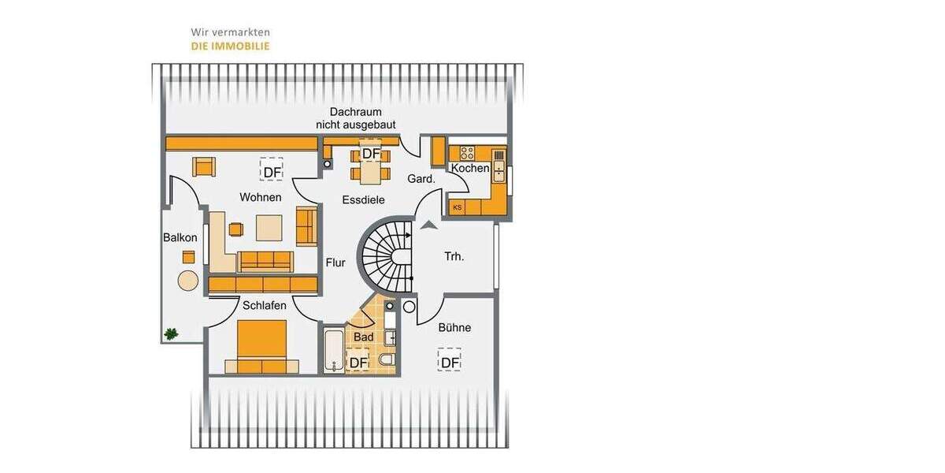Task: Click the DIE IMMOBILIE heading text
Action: (230, 47)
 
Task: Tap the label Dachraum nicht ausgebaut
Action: (355, 118)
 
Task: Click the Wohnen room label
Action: (261, 197)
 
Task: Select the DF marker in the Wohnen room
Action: (272, 172)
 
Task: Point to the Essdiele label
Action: (363, 200)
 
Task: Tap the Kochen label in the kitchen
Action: (470, 169)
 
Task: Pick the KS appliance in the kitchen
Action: (458, 207)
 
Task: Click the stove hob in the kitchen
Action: (467, 153)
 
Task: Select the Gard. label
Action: (421, 180)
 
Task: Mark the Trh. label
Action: (454, 256)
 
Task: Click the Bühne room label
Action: (454, 327)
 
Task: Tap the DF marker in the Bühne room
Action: (450, 362)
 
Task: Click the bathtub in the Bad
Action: (334, 351)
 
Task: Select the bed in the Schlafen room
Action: (261, 346)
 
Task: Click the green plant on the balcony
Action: (171, 333)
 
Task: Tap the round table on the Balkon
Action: (188, 281)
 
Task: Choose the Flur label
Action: (335, 263)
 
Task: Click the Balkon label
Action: (180, 237)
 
